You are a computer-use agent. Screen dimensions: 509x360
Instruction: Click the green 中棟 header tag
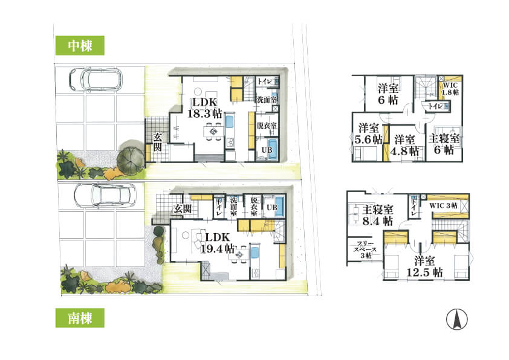coord(80,45)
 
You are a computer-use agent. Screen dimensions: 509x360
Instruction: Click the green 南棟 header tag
coord(80,318)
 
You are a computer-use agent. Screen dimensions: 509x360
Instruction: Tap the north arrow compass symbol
coord(457,319)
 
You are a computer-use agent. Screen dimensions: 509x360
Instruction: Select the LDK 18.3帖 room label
coord(205,108)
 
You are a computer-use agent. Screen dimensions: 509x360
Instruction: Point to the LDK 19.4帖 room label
coord(218,243)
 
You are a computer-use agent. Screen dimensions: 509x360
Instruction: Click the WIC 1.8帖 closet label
coord(450,89)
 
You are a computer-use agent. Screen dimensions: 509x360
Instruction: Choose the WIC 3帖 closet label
coord(444,205)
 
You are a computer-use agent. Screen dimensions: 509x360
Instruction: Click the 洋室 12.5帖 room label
coord(424,266)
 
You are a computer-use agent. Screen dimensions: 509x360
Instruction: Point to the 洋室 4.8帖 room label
coord(404,146)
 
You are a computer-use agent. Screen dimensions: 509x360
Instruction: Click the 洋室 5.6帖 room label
coord(368,133)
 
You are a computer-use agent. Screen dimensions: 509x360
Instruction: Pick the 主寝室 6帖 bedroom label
coord(444,144)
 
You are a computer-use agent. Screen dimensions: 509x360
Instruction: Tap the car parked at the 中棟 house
coord(96,80)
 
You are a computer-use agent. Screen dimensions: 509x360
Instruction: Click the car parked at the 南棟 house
coord(105,195)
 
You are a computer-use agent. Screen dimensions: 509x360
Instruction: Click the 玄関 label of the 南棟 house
coord(183,208)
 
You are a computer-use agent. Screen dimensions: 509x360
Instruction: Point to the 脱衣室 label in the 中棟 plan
coord(267,125)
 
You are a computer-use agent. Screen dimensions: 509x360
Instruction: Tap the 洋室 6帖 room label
coord(388,94)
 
